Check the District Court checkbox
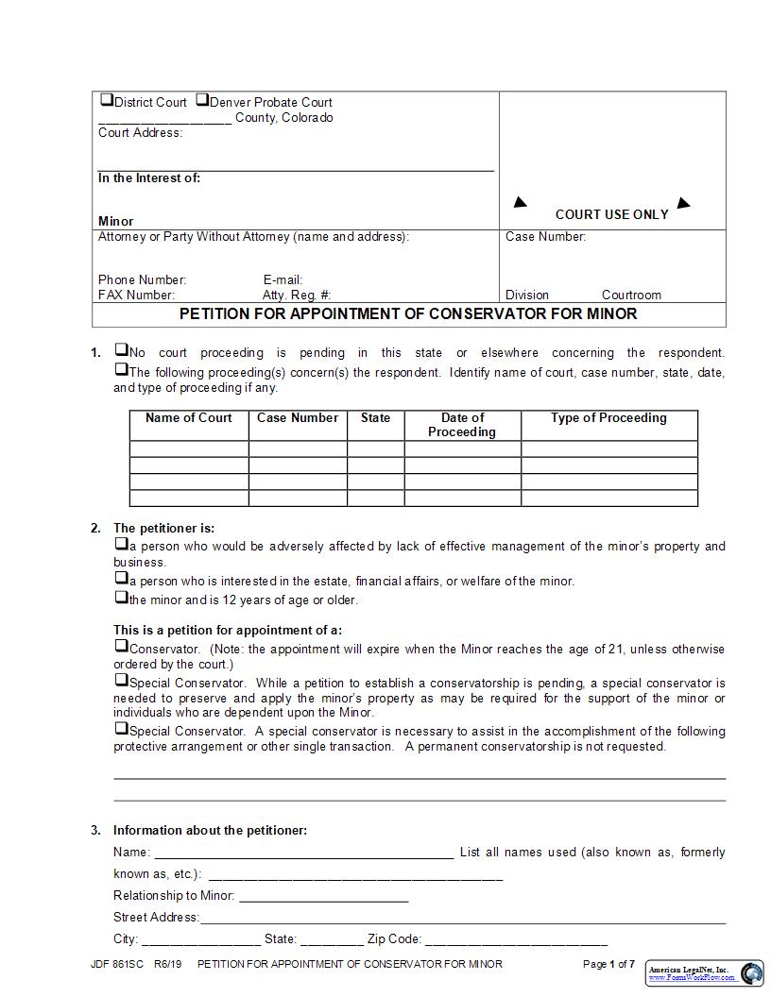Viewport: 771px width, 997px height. tap(107, 100)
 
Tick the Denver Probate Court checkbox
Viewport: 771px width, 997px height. tap(202, 100)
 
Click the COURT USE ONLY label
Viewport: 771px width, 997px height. tap(611, 214)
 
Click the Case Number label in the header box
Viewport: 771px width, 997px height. tap(545, 237)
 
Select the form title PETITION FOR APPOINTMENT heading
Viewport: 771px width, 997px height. tap(408, 313)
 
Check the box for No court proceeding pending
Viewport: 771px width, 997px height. tap(121, 350)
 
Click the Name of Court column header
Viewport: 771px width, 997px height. tap(188, 418)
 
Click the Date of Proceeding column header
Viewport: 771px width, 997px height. tap(462, 425)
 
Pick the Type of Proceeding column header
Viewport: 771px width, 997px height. tap(608, 418)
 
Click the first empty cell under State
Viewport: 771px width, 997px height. tap(374, 449)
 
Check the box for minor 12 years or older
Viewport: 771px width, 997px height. tap(121, 598)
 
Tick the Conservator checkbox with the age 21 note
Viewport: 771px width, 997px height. tap(121, 647)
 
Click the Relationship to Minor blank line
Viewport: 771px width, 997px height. tap(324, 897)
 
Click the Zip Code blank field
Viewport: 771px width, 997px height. tap(516, 940)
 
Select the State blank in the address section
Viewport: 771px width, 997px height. tap(332, 940)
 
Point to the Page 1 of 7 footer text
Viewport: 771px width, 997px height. tap(608, 964)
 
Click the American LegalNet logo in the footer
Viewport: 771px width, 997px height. tap(705, 973)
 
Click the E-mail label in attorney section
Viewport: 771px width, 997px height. tap(283, 280)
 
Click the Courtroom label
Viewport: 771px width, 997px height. tap(631, 296)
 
